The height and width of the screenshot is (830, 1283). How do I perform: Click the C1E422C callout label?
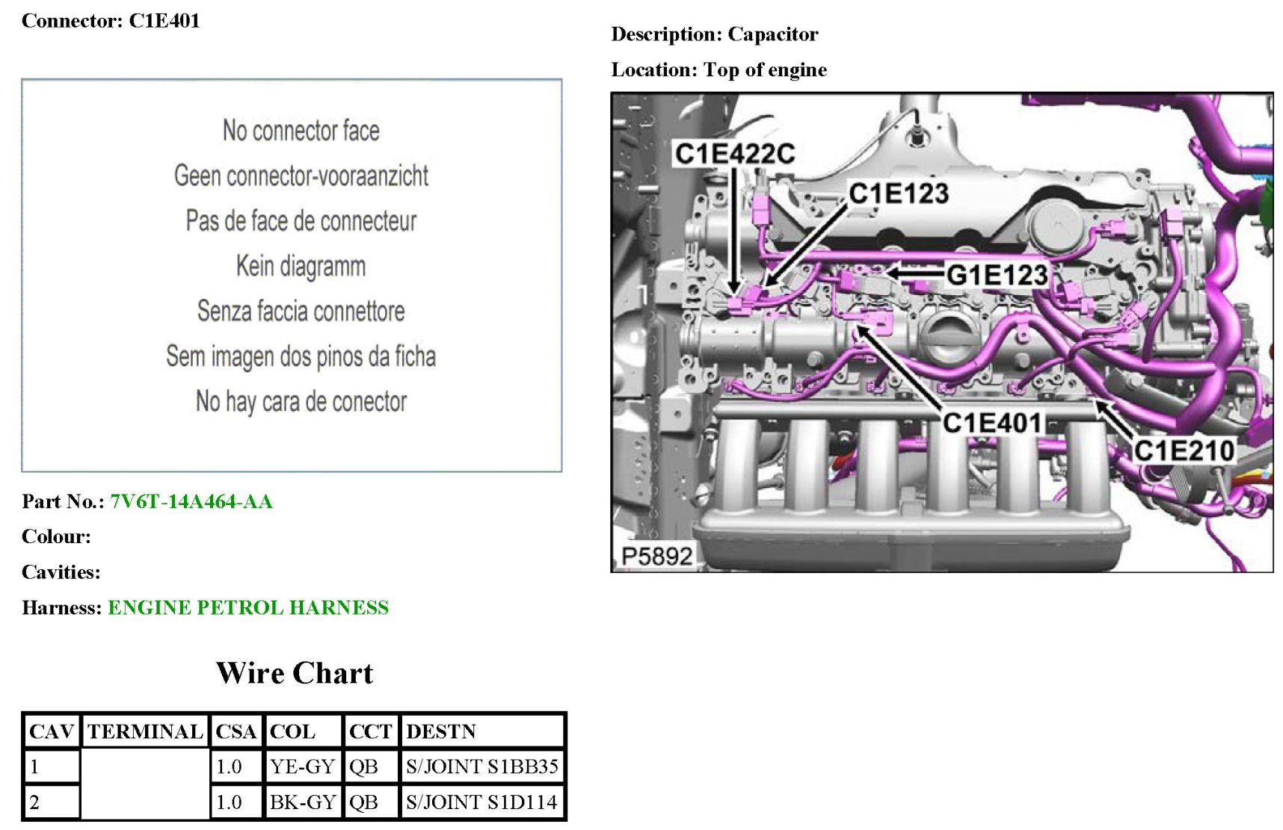coord(734,154)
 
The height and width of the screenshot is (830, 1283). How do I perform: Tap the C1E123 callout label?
coord(899,193)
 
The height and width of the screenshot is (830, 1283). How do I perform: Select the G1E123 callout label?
coord(997,275)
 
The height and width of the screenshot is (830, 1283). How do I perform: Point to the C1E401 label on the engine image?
coord(991,423)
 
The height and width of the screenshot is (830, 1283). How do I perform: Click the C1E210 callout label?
coord(1184,450)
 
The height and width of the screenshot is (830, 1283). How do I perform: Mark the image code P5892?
coord(656,556)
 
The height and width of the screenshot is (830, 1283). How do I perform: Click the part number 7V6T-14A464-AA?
coord(191,501)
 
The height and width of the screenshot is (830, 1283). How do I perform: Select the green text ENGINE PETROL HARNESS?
coord(248,607)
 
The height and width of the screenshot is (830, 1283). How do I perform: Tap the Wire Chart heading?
coord(295,673)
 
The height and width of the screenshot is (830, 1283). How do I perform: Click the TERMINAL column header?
coord(145,731)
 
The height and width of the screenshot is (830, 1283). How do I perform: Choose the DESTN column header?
coord(441,731)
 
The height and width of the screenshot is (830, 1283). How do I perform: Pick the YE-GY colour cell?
coord(302,766)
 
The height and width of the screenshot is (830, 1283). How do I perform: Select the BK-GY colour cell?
coord(302,802)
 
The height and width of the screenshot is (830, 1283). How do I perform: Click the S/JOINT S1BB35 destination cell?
coord(481,766)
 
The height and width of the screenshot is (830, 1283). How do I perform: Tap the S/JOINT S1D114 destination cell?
coord(481,802)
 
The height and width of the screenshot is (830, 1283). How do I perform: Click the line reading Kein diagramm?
coord(301,266)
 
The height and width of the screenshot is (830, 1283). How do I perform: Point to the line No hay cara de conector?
coord(301,402)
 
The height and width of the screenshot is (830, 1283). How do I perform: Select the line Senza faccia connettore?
coord(301,311)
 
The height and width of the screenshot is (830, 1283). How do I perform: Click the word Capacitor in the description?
coord(773,34)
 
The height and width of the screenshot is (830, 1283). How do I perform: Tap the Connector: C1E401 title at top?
coord(111,21)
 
